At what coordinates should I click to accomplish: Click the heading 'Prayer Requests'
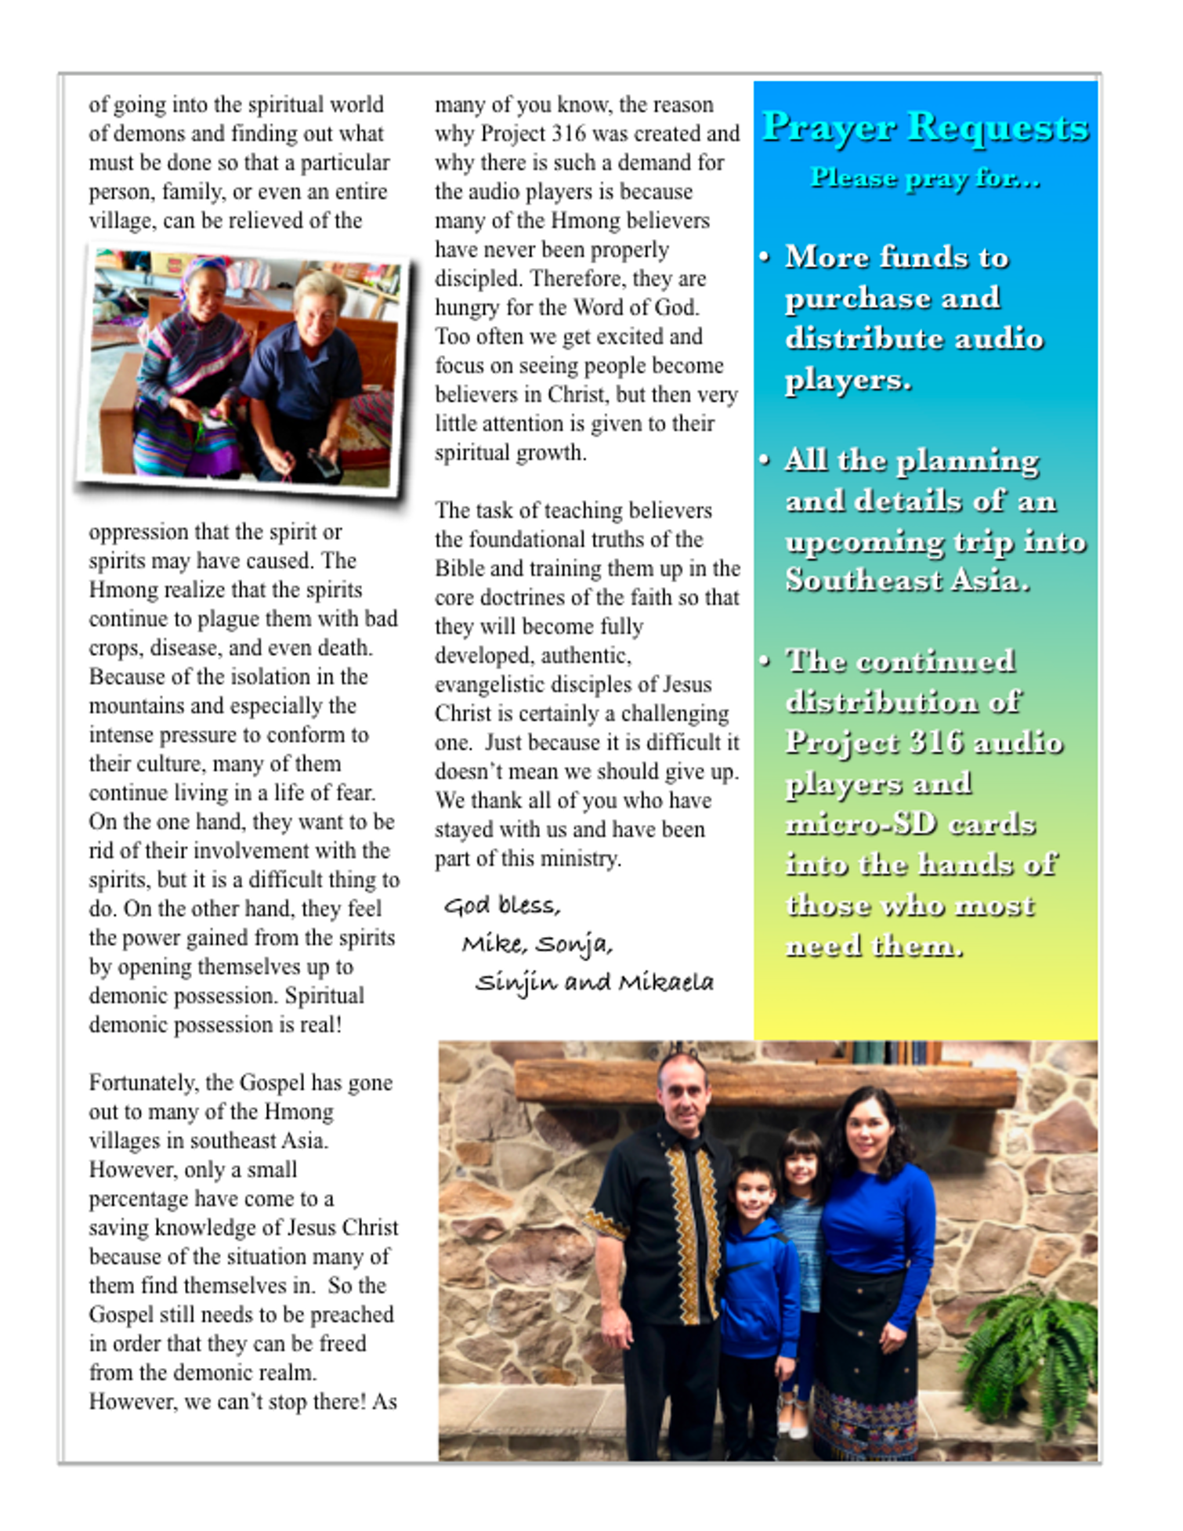[x=924, y=127]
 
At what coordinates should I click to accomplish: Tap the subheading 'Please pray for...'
[x=924, y=179]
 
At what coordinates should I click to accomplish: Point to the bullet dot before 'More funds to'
[x=765, y=258]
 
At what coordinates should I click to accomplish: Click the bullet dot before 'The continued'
[x=765, y=661]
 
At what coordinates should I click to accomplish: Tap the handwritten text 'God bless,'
[x=502, y=906]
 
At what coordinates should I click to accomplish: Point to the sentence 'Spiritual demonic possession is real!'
[x=226, y=1011]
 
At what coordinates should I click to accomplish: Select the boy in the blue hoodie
[x=756, y=1285]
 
